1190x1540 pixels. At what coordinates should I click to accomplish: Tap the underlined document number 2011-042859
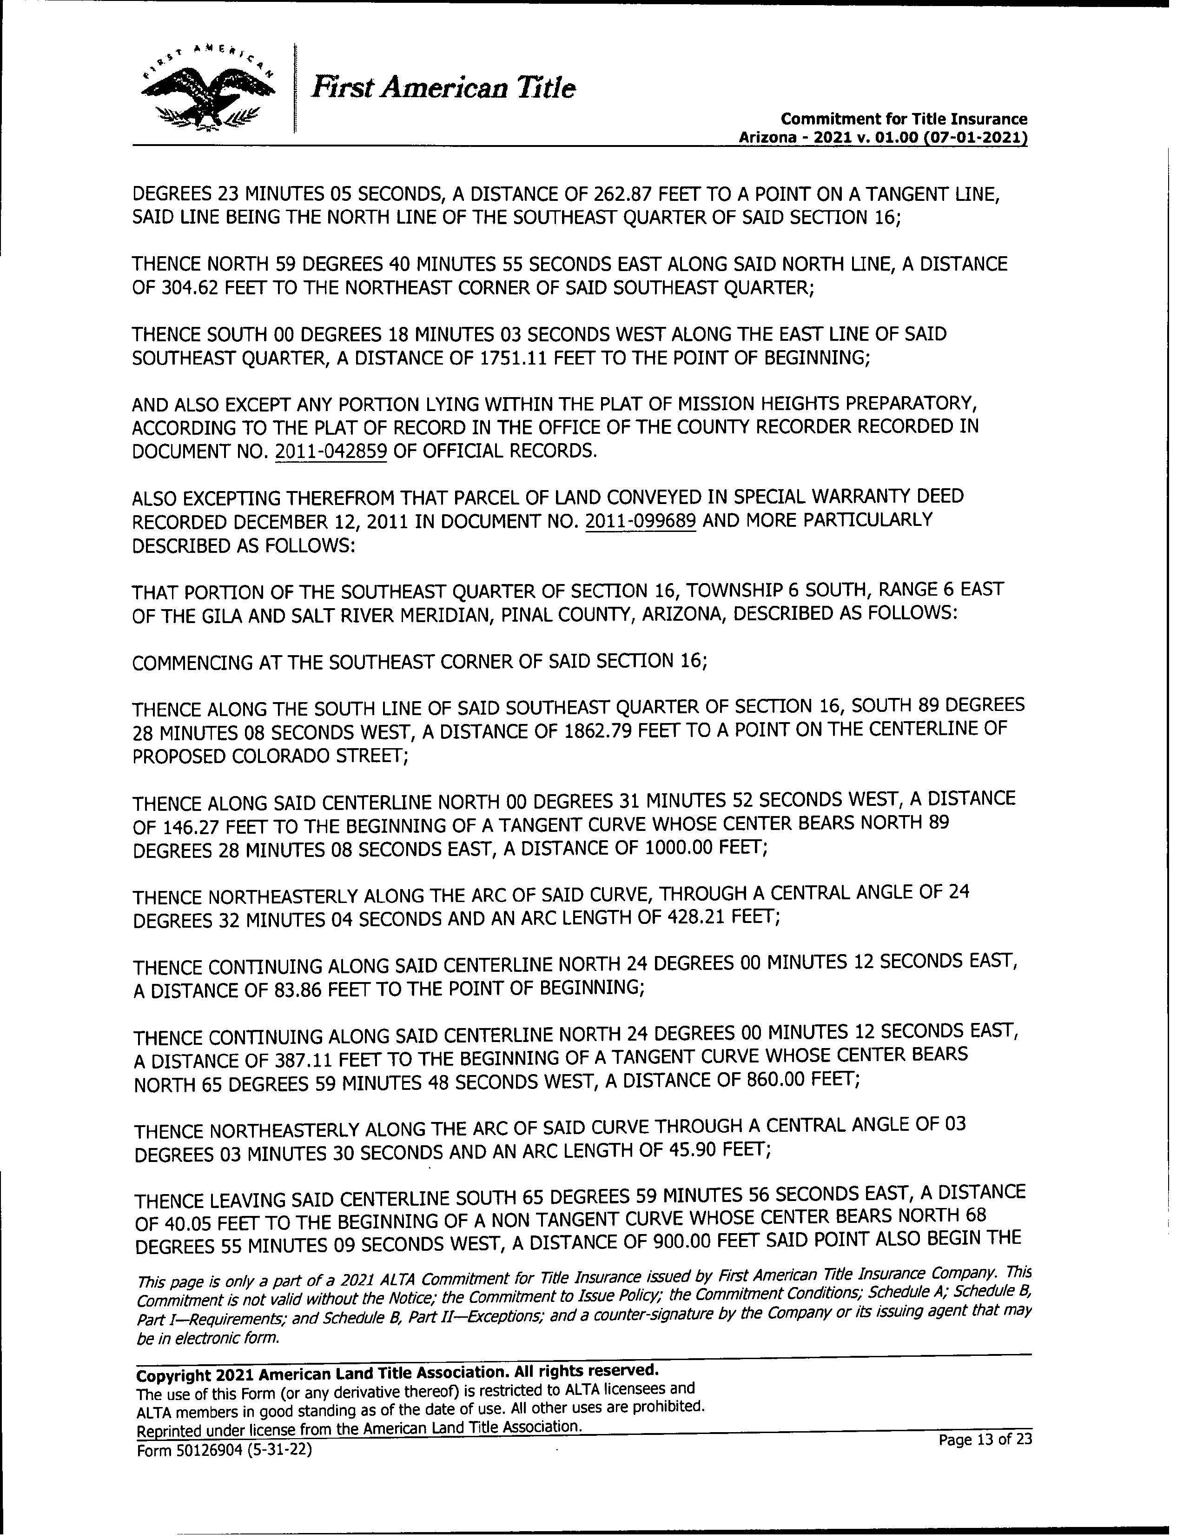click(331, 451)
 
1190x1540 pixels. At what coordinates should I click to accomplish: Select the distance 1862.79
click(599, 731)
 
